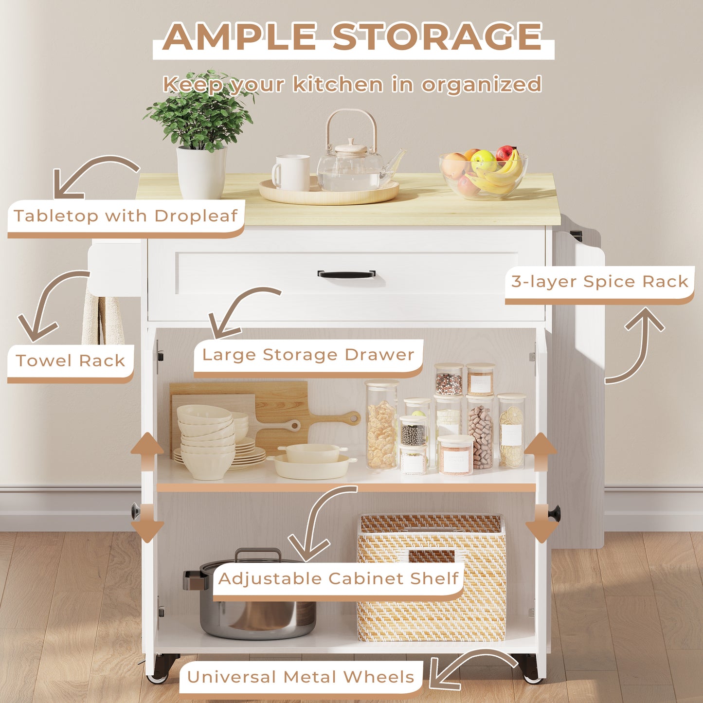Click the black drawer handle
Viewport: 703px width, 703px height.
tap(346, 274)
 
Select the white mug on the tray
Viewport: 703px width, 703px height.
tap(291, 173)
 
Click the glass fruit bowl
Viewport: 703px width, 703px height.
tap(483, 174)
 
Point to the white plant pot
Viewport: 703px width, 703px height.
tap(201, 172)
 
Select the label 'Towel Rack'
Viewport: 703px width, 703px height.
tap(71, 361)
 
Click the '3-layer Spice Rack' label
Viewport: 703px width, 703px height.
tap(599, 282)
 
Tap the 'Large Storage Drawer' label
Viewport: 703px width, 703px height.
tap(308, 355)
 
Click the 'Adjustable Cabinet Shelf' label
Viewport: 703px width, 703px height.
tap(338, 578)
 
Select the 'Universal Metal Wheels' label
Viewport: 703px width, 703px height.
tap(301, 677)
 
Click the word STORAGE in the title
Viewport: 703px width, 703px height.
tap(437, 36)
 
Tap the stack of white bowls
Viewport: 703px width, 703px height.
tap(207, 441)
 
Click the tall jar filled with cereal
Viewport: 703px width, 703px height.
tap(381, 425)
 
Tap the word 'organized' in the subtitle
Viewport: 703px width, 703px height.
tap(481, 84)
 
